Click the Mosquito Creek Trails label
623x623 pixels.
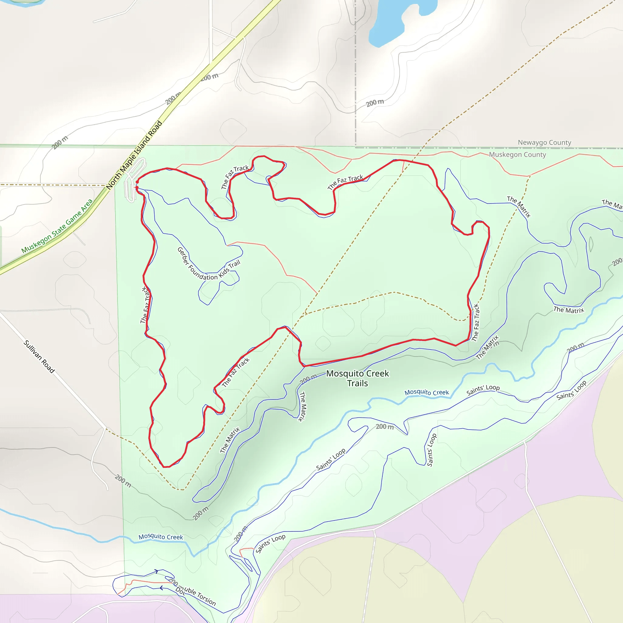[357, 378]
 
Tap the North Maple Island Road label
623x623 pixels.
[134, 155]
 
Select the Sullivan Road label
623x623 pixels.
[39, 356]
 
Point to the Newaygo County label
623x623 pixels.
[544, 143]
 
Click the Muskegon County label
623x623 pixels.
[517, 155]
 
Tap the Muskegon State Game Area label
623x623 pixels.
[57, 226]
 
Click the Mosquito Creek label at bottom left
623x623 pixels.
[161, 537]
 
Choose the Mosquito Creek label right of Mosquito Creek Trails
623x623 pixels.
[426, 392]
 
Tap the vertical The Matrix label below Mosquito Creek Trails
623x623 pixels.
[302, 406]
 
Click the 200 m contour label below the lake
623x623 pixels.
[375, 103]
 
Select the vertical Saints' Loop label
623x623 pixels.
[431, 450]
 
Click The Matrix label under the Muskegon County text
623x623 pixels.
[519, 207]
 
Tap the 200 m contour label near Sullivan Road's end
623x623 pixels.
[123, 481]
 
